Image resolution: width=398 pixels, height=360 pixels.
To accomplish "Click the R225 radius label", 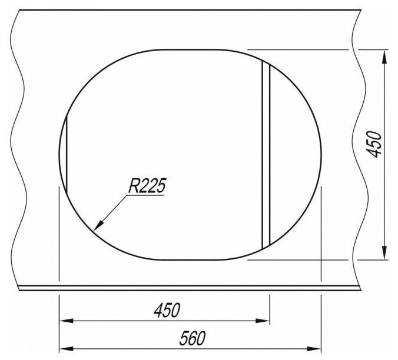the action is point(147,186).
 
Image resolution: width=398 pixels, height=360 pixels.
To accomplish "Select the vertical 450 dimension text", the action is point(374,144).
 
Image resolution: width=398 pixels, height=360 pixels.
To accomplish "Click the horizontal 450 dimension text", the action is point(167,310).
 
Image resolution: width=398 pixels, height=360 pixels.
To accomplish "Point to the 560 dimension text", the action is point(192,338).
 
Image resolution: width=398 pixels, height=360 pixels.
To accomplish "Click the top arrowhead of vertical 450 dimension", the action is point(385,57).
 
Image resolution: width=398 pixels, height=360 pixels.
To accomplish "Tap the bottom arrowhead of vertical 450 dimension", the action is point(385,252).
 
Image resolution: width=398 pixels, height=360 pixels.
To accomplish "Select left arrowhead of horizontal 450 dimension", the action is point(67,321).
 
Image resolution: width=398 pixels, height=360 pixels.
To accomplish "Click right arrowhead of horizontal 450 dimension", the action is point(263,321).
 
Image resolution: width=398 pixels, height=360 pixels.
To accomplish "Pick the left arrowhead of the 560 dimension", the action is point(67,349).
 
